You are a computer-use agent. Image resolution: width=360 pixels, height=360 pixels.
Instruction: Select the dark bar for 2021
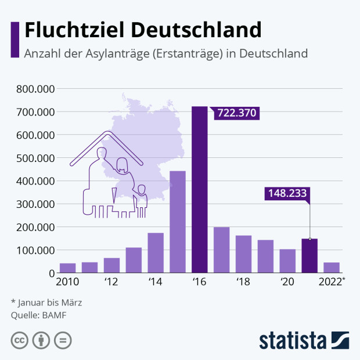click(309, 255)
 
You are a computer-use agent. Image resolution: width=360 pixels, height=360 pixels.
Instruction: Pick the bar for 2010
click(67, 268)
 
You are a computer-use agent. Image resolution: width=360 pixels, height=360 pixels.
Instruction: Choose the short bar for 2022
click(332, 267)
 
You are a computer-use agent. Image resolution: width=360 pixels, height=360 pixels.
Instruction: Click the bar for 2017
click(221, 250)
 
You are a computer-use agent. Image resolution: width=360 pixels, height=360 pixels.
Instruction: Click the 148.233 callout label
click(286, 193)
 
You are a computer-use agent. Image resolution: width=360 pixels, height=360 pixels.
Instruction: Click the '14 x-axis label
click(154, 283)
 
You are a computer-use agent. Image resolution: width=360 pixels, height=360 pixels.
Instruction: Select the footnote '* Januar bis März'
click(46, 303)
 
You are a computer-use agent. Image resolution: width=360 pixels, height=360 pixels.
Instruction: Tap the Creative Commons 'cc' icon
click(20, 340)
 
